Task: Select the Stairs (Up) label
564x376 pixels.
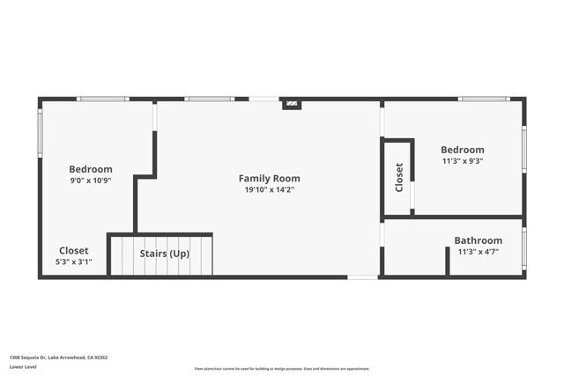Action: [165, 254]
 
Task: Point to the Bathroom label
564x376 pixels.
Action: [478, 240]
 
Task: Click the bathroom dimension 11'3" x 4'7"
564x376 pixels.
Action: [478, 252]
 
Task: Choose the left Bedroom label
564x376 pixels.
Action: [91, 169]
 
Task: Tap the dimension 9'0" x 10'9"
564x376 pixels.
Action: [91, 181]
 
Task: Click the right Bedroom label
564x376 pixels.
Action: [463, 150]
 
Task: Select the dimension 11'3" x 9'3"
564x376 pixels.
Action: [463, 161]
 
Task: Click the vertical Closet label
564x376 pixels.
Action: [399, 177]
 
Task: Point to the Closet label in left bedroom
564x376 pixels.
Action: [73, 250]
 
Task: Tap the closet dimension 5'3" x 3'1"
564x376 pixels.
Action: [73, 262]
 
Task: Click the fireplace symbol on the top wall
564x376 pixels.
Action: [292, 104]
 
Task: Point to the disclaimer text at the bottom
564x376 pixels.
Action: [282, 368]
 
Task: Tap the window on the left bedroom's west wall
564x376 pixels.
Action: [40, 133]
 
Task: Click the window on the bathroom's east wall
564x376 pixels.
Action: [523, 249]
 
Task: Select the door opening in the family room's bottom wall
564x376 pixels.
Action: [362, 277]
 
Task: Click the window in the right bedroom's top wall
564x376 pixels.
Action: [484, 99]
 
